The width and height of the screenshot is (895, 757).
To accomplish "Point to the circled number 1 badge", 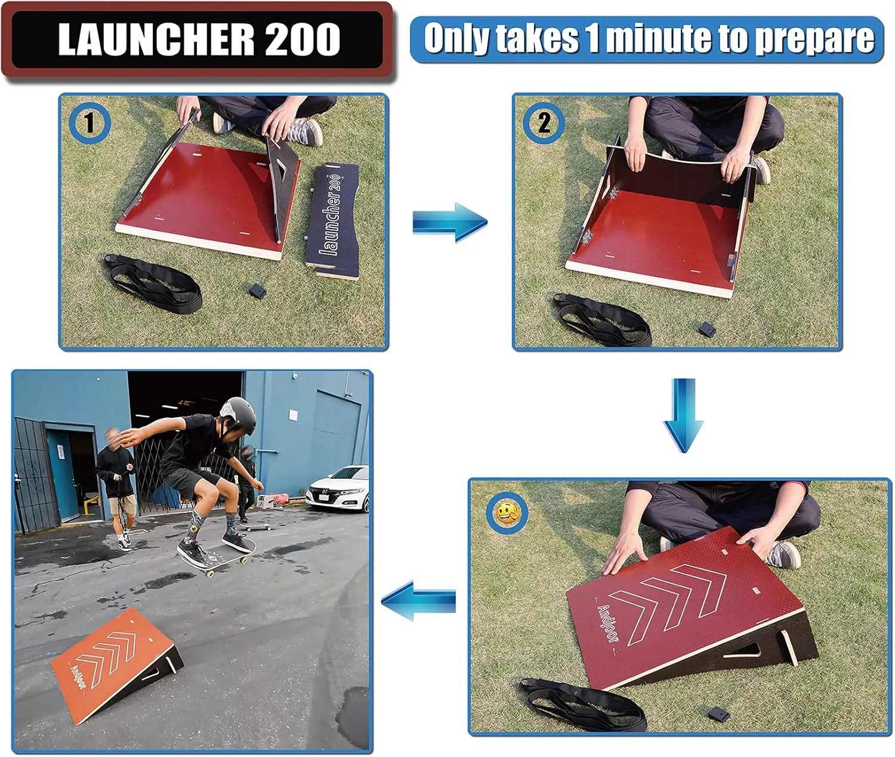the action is coord(89,123).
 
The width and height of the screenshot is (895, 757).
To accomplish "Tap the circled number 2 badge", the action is coord(544,123).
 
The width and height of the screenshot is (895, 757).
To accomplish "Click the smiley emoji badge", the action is coord(507,513).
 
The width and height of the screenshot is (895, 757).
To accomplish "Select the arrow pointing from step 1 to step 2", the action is coord(450,222).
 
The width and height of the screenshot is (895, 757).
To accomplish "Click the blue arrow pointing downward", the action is coord(684,415).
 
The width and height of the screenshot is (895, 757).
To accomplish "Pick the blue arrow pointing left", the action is coord(418,601).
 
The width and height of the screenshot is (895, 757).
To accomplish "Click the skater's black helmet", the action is coord(237,416).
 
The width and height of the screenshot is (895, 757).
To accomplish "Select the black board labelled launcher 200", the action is coord(332,221).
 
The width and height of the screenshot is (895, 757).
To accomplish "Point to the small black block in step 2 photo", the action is coord(707,328).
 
